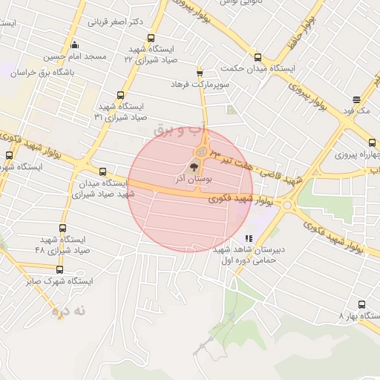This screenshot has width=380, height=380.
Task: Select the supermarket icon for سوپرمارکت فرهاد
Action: (200, 72)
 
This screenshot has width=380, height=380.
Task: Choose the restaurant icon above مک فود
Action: (357, 99)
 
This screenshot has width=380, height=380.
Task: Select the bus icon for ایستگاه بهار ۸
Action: (361, 304)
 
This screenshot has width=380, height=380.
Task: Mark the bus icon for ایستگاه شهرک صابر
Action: (60, 269)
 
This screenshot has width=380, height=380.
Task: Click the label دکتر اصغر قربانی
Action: (116, 22)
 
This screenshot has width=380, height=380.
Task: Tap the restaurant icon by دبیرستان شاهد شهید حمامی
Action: (248, 238)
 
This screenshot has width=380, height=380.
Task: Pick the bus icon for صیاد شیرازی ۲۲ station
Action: (151, 38)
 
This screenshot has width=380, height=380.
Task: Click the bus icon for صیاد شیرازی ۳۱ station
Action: (121, 94)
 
